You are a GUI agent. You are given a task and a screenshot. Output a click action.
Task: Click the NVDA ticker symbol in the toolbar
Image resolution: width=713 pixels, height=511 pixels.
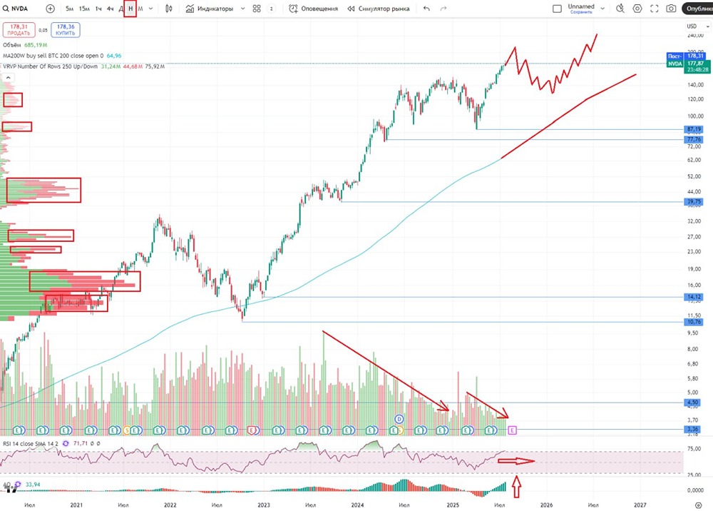19,9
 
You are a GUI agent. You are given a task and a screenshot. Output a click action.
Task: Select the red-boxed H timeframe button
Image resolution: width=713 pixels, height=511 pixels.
130,9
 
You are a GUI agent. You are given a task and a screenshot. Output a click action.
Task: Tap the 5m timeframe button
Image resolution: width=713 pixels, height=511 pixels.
69,9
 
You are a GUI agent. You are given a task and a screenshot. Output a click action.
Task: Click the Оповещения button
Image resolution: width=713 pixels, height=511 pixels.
314,9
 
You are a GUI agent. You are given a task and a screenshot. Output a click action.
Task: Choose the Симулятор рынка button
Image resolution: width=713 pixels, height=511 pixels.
379,9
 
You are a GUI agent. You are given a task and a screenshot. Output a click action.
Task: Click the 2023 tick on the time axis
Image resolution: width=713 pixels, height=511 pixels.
264,504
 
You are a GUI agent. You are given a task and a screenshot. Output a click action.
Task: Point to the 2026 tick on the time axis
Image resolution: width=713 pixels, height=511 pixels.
546,504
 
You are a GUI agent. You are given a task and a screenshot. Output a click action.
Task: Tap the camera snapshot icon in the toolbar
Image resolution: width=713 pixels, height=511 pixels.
671,9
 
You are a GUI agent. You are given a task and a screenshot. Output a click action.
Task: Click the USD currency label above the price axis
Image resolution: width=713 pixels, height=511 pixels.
690,26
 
